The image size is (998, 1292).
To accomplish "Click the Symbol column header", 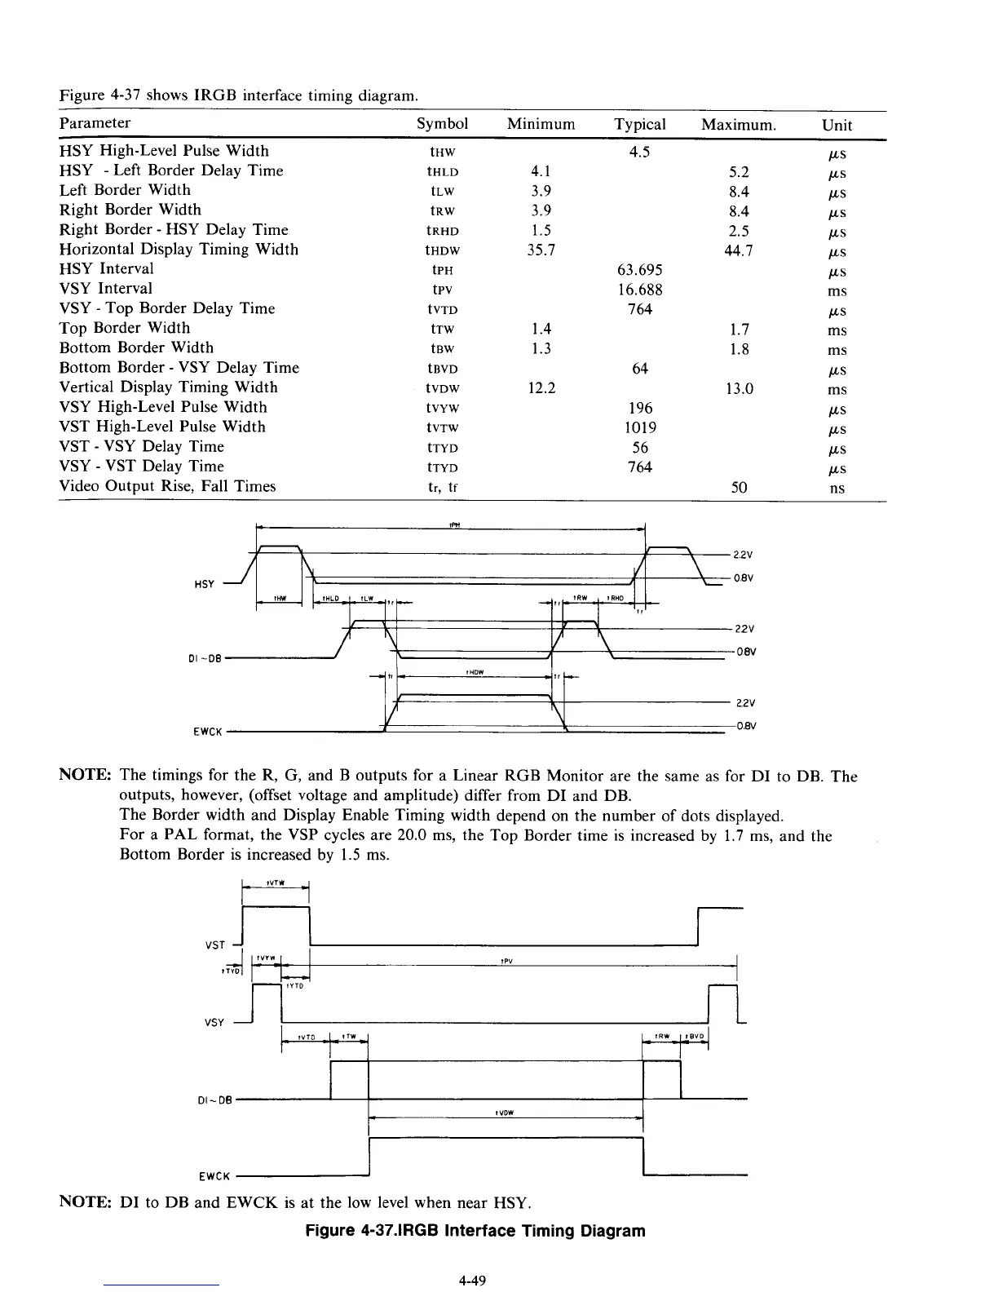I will (442, 124).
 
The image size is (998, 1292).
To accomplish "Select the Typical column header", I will (640, 124).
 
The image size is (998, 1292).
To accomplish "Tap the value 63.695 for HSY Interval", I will (640, 270).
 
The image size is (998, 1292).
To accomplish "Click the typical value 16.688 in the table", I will (640, 290).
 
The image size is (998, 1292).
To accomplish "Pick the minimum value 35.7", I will (541, 250).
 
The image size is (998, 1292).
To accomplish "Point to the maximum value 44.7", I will (740, 250).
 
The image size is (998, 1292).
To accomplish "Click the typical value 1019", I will (640, 427).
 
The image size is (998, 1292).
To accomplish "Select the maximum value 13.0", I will (740, 388).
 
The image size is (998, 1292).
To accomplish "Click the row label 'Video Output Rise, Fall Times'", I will (168, 486).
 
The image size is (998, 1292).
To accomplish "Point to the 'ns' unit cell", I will (837, 489).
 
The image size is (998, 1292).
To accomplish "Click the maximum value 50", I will (740, 488).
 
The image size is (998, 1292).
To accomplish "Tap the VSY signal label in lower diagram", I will (215, 1022).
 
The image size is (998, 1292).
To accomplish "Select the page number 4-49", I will (472, 1281).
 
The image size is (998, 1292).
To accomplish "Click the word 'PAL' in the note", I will (179, 835).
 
